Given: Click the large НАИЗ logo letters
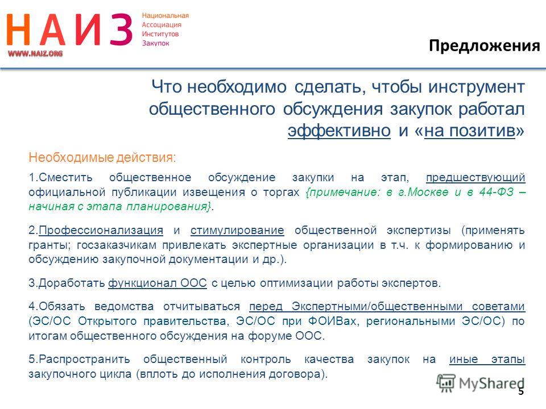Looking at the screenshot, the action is coord(69,30).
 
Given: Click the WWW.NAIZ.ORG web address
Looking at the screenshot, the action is coord(35,53).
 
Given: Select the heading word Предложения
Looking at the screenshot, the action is coord(485,46).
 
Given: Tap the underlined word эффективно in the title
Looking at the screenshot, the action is coord(339,131).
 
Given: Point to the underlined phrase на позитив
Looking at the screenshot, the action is coord(469,131).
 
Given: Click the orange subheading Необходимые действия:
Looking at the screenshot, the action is coord(102,157).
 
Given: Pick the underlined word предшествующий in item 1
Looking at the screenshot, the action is coord(475,178).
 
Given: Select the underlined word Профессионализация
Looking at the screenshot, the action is coord(101,230).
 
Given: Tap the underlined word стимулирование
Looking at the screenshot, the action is coord(237,231).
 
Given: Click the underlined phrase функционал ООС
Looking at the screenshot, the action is coord(158,283).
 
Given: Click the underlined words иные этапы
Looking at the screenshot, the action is coord(487,359).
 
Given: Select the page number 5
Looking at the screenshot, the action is coord(521,391).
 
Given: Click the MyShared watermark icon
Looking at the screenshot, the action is coord(446,383).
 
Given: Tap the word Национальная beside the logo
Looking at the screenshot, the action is coord(166,16).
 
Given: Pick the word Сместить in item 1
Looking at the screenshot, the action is coord(65,177).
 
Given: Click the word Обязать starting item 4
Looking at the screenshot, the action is coord(61,306).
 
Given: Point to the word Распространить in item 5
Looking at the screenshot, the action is coord(84,360).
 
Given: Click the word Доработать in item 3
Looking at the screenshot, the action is coord(72,283).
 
